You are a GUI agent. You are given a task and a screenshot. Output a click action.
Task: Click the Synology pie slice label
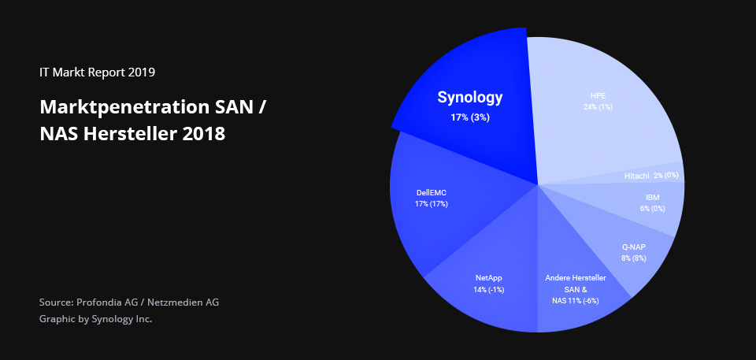[469, 98]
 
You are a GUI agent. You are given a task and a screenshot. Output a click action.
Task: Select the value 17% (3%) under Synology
[469, 117]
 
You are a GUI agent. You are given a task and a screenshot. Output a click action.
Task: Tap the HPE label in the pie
[598, 95]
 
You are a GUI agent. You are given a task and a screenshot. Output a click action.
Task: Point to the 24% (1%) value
[598, 106]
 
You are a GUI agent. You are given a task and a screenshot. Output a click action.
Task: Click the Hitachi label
[636, 176]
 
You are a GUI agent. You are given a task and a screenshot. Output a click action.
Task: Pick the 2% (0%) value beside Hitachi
[665, 175]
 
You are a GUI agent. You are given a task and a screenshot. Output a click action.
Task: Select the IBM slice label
[652, 197]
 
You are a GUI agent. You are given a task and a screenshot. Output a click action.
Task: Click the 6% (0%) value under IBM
[652, 209]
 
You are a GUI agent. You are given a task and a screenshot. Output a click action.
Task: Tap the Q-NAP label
[633, 247]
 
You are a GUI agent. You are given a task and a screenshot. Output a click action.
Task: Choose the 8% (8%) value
[633, 258]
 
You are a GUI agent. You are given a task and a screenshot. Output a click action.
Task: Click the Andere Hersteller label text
[575, 278]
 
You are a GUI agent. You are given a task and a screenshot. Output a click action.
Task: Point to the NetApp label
[488, 278]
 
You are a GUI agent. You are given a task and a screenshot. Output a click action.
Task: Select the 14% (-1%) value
[488, 289]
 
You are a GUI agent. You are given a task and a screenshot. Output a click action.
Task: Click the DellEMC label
[431, 192]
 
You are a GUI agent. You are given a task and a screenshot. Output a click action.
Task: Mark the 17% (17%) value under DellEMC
[431, 204]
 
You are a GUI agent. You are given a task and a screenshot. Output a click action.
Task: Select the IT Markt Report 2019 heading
[97, 72]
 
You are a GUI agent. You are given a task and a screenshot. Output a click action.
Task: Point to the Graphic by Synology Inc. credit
[95, 319]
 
